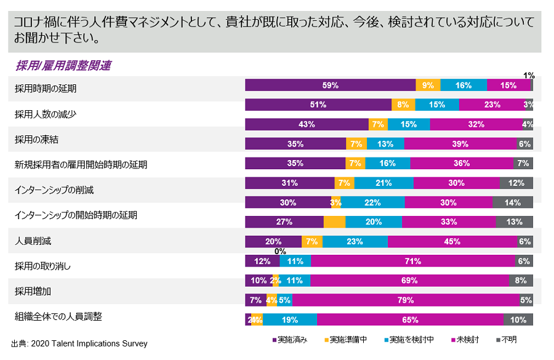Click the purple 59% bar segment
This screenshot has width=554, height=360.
click(330, 86)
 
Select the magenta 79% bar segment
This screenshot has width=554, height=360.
click(405, 300)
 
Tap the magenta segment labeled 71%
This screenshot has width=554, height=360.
click(412, 261)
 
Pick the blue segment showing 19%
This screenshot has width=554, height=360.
click(289, 320)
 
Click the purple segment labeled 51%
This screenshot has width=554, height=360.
click(318, 105)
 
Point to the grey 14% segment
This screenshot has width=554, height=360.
click(512, 202)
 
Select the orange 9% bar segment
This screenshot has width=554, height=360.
click(428, 86)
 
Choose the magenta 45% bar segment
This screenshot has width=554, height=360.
click(452, 242)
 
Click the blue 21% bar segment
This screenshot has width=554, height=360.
click(383, 183)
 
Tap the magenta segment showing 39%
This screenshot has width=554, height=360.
click(460, 144)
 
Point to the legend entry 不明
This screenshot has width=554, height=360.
click(506, 339)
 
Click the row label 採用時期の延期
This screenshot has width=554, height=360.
click(46, 89)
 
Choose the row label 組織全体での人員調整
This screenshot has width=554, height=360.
click(58, 317)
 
